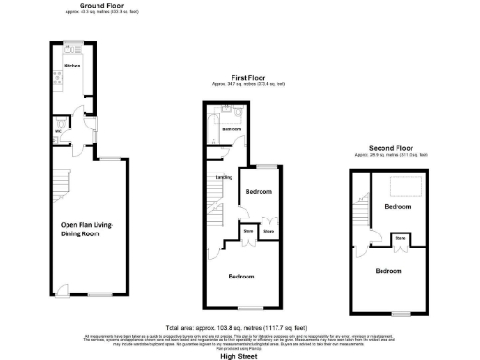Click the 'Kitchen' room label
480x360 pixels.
point(72,67)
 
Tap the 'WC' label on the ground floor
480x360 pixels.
point(57,133)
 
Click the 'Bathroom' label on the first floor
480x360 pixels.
point(232,129)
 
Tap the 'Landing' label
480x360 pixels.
point(224,176)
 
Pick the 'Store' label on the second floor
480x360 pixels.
point(399,239)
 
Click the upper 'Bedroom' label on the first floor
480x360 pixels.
point(258,192)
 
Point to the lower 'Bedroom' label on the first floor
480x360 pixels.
point(248,277)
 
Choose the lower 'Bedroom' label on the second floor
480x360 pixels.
point(388,270)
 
